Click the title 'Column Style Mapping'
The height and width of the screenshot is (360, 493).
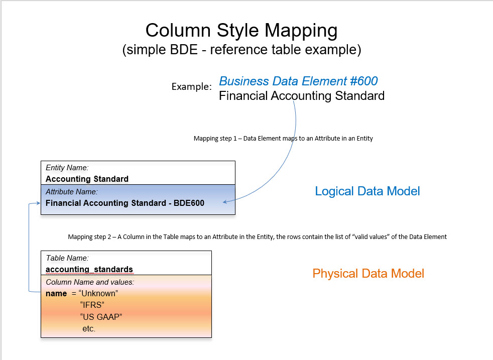pos(241,31)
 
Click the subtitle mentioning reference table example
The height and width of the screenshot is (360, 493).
pos(241,50)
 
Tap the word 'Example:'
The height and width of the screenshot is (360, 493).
pos(191,87)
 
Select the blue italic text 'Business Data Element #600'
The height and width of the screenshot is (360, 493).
pos(298,81)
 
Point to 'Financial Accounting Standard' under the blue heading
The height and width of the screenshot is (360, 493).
pos(301,95)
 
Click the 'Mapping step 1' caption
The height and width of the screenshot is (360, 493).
pos(283,138)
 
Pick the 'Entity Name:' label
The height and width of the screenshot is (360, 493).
pos(67,168)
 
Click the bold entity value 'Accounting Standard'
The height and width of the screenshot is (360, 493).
pos(87,179)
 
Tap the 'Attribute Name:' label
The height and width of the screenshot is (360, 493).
pos(71,191)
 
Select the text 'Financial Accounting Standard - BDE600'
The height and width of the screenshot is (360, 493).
pos(125,203)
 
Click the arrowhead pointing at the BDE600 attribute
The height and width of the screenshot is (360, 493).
pos(225,202)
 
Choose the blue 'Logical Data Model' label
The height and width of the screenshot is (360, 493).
pos(367,191)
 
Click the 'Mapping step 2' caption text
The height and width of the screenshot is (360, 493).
pos(257,236)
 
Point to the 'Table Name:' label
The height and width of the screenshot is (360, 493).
pos(67,258)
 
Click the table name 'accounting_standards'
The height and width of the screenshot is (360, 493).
pos(89,269)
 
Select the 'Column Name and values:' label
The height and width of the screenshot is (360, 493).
pos(90,282)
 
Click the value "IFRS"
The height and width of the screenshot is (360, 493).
pos(92,304)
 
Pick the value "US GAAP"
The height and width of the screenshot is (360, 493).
pos(101,316)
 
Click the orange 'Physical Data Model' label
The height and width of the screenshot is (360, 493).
pos(368,274)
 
